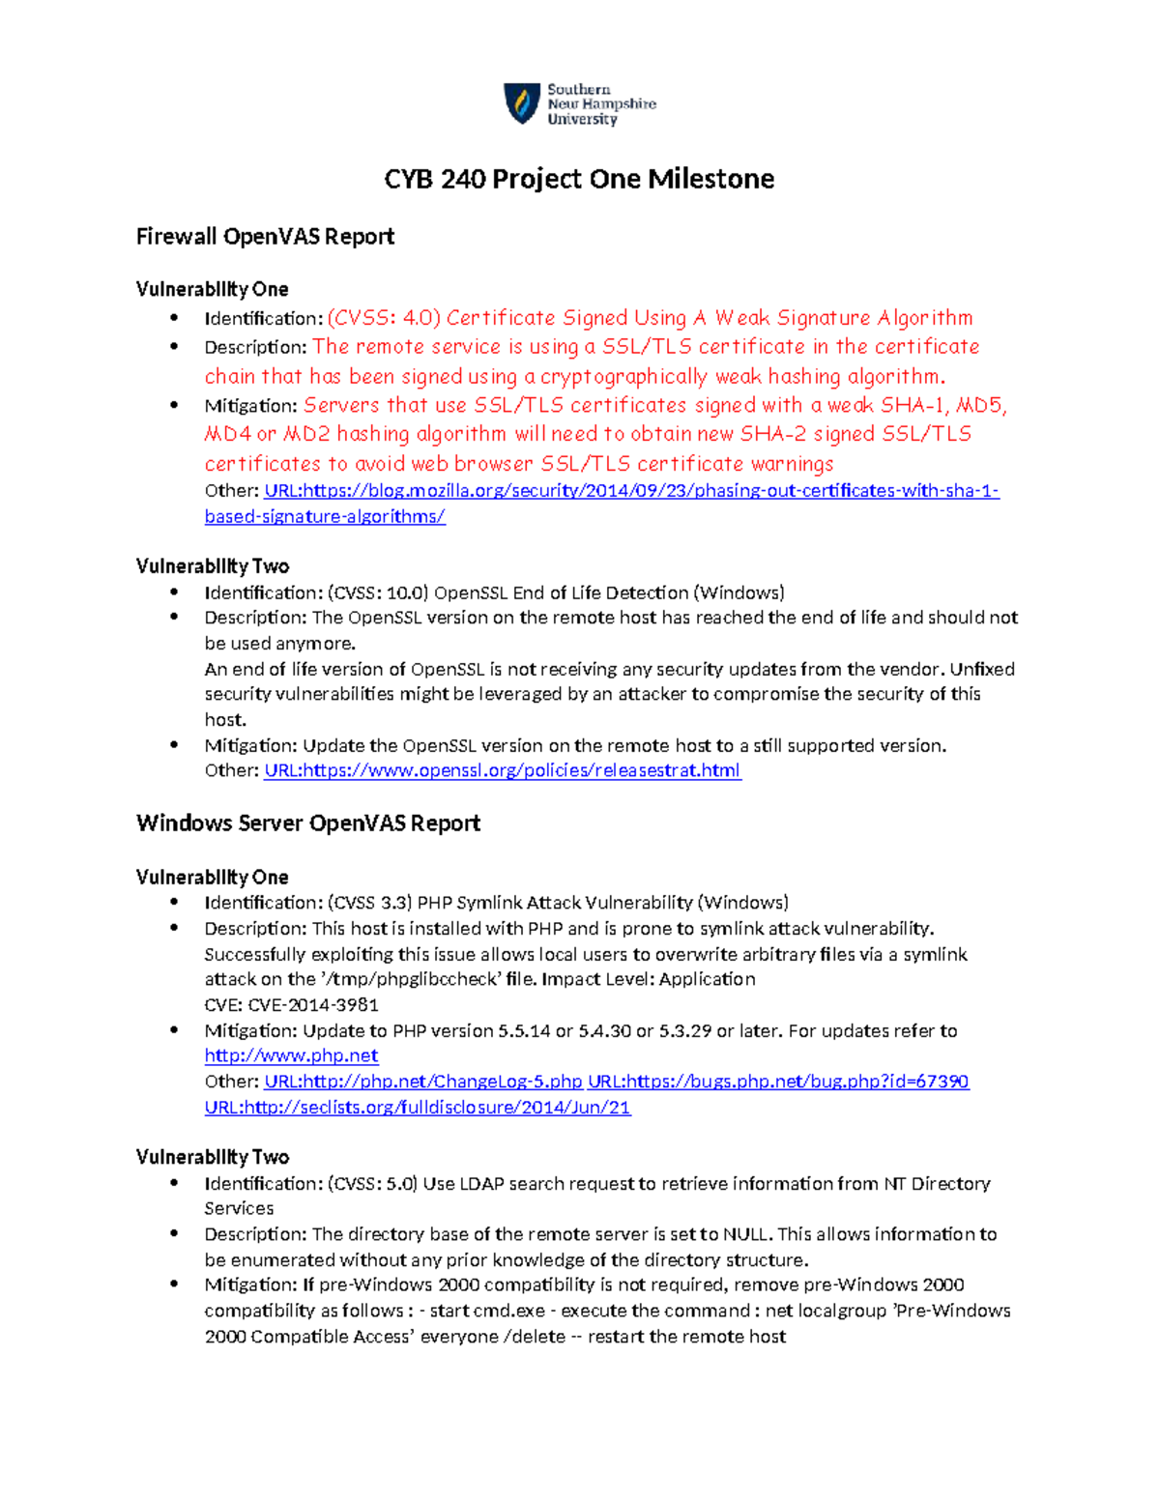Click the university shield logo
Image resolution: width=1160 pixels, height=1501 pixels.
tap(522, 103)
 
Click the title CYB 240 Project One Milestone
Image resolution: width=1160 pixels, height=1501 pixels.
tap(579, 179)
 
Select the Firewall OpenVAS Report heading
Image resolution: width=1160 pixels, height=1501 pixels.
tap(265, 237)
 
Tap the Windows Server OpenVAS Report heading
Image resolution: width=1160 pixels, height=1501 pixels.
tap(308, 823)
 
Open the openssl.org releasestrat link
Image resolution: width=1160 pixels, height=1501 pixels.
tap(502, 770)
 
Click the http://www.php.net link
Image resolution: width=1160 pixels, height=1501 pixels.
tap(291, 1055)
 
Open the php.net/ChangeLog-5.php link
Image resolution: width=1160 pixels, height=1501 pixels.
tap(423, 1082)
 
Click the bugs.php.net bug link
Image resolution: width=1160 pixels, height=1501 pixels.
tap(778, 1082)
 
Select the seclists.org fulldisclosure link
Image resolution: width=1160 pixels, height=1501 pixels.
tap(417, 1108)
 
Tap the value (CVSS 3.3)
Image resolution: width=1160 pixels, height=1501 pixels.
tap(370, 903)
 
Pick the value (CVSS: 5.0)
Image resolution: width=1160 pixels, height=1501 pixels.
tap(372, 1184)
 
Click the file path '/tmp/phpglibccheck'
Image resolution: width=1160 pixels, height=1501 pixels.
tap(411, 979)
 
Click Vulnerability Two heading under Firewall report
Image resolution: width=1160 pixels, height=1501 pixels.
tap(213, 566)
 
